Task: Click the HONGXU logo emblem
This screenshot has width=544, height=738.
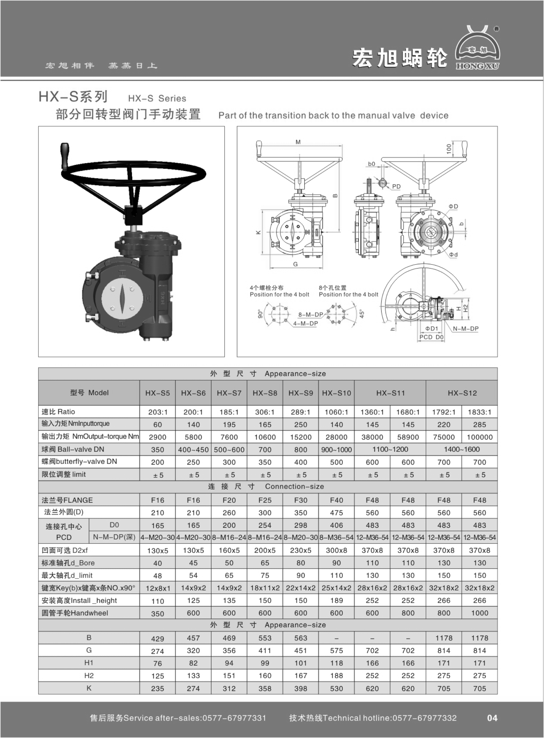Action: pyautogui.click(x=478, y=48)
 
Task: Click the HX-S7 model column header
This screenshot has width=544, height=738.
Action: pyautogui.click(x=229, y=393)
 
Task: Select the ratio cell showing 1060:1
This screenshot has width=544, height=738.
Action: pyautogui.click(x=336, y=412)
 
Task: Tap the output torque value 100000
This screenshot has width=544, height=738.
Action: pyautogui.click(x=480, y=437)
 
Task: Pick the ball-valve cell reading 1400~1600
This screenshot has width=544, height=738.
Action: pyautogui.click(x=462, y=449)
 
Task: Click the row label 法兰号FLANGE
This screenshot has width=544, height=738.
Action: pyautogui.click(x=67, y=500)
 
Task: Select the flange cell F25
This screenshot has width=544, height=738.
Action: pyautogui.click(x=265, y=500)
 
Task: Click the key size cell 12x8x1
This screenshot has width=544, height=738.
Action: pyautogui.click(x=157, y=588)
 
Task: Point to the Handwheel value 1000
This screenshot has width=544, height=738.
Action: pyautogui.click(x=480, y=613)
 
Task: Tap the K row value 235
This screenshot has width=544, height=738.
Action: pyautogui.click(x=157, y=689)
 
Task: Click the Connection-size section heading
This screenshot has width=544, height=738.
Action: pyautogui.click(x=294, y=487)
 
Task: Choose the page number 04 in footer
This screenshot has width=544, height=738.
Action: pyautogui.click(x=492, y=718)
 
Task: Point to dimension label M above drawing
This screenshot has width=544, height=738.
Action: pyautogui.click(x=298, y=142)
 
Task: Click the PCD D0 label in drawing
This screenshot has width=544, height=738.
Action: pyautogui.click(x=431, y=337)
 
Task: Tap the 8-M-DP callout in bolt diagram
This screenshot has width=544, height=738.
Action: pyautogui.click(x=311, y=315)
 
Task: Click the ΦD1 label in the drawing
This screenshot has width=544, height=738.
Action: pyautogui.click(x=431, y=329)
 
